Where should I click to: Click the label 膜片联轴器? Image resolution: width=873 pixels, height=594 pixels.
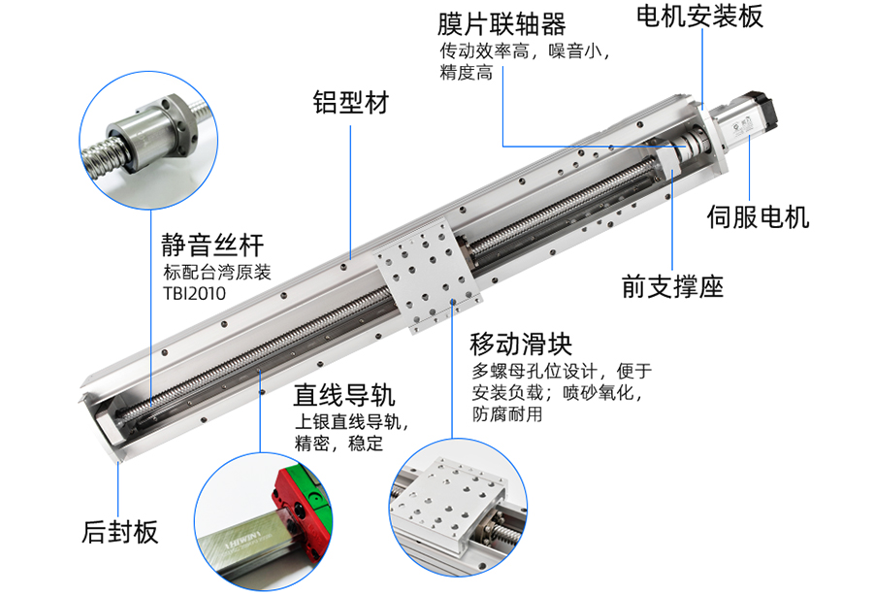tap(501, 24)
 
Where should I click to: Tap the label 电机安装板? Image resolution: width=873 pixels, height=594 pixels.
tap(699, 16)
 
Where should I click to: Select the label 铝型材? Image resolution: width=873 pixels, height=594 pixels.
tap(351, 103)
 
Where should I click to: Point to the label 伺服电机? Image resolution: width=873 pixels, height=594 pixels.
tap(758, 216)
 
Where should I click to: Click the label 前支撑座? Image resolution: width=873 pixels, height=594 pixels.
tap(672, 286)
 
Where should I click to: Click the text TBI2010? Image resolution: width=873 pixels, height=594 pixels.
tap(194, 294)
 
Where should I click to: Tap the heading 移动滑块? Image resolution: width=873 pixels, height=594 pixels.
tap(521, 344)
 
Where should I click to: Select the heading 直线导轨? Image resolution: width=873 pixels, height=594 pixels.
tap(344, 395)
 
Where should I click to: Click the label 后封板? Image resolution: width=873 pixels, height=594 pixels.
tap(119, 532)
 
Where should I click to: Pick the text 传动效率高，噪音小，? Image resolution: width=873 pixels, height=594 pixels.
tap(525, 51)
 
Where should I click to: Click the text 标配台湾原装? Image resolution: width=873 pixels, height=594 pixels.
tap(217, 272)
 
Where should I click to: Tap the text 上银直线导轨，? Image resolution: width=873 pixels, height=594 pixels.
tap(352, 422)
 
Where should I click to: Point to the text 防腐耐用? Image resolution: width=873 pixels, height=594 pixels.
tap(506, 414)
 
